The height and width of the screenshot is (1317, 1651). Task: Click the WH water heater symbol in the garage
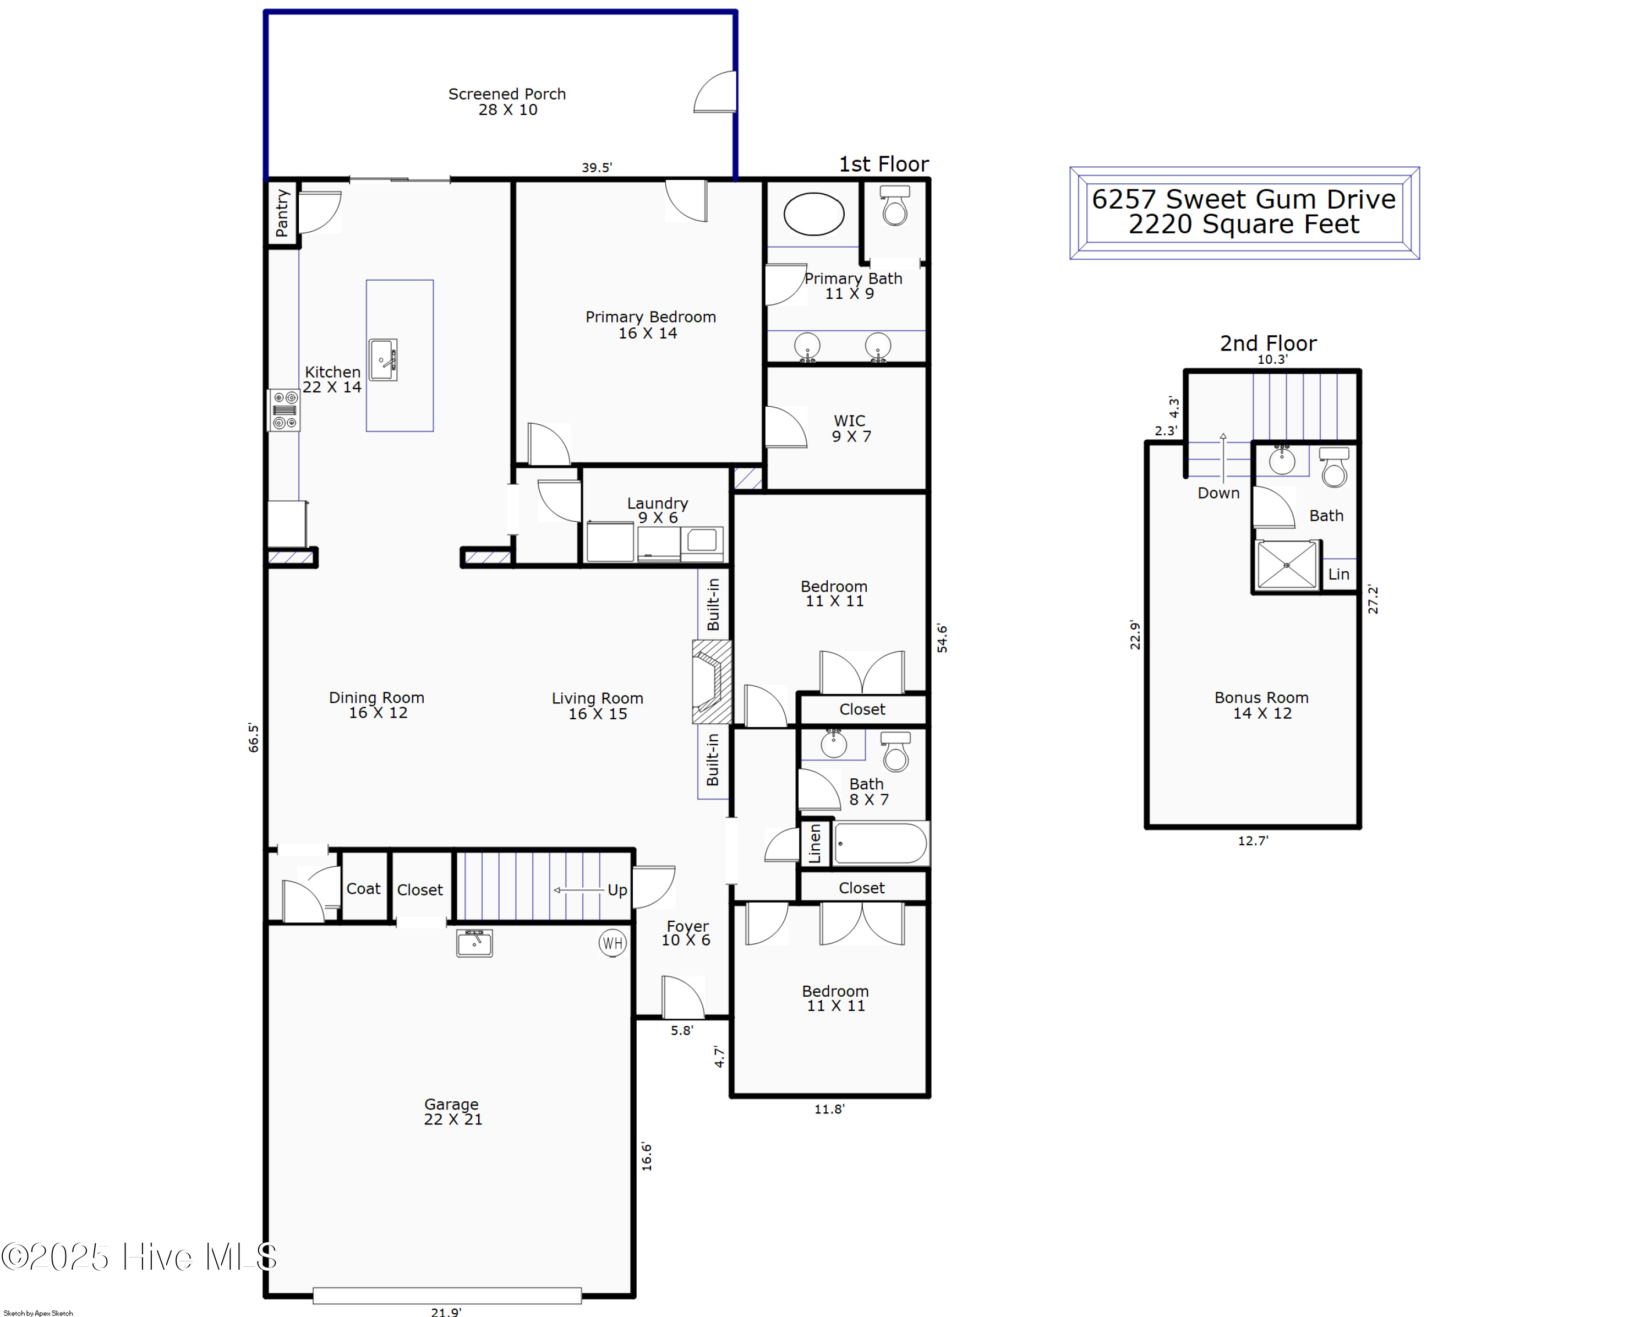(612, 943)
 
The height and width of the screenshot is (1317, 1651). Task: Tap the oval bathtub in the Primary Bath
(813, 214)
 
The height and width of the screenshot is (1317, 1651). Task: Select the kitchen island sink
(383, 360)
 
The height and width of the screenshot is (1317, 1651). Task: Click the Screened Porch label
(507, 94)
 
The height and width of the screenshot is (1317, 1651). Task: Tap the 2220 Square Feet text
(1244, 225)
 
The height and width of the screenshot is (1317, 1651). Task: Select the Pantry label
(282, 213)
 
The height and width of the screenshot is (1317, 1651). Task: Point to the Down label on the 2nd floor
(1217, 493)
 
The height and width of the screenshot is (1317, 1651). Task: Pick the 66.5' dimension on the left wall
(254, 737)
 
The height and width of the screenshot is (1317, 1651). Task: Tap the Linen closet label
(815, 843)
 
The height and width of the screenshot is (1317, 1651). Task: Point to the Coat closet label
(363, 888)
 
